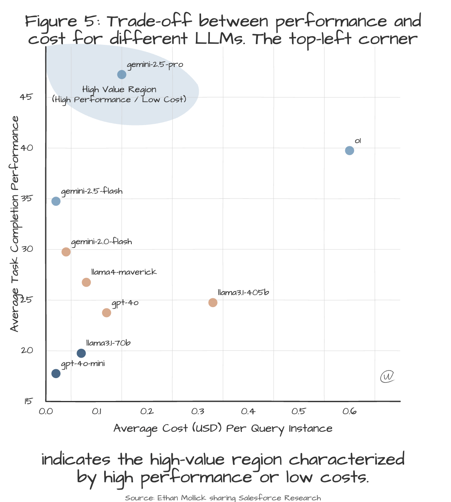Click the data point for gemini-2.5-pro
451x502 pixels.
pos(122,75)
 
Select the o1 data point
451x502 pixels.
pos(349,151)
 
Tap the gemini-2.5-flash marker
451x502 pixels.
pos(56,201)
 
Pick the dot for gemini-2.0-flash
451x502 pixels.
pos(66,252)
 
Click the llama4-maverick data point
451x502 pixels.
pos(86,282)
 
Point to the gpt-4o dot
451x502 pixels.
pos(107,313)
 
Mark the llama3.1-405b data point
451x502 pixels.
pos(213,302)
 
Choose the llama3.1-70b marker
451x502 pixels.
pos(81,353)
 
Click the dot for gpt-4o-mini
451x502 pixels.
pos(56,374)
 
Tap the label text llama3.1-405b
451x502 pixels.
pos(243,292)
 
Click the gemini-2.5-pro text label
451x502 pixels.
pos(155,65)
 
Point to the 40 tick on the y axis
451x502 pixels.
pos(27,148)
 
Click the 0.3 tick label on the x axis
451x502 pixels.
pos(198,411)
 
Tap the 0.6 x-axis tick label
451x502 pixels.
pos(350,411)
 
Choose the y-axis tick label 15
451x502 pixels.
pos(28,401)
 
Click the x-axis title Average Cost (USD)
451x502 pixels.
pos(223,429)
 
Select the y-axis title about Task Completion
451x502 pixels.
pos(14,224)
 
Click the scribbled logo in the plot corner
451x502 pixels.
pos(387,376)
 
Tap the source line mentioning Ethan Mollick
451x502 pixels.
pos(223,498)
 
